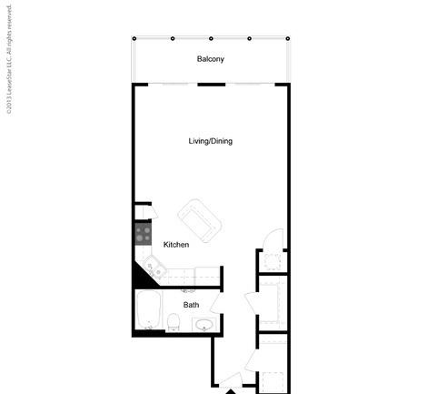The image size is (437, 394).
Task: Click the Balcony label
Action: [x=211, y=59]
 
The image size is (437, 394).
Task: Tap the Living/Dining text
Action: [x=211, y=141]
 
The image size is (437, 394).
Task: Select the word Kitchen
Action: [x=176, y=245]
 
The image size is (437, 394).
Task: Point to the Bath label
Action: [x=191, y=305]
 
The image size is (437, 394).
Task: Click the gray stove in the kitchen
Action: [x=143, y=234]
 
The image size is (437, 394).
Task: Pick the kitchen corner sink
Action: [x=154, y=267]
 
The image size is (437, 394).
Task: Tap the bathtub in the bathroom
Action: [x=148, y=309]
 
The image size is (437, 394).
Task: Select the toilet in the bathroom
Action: [x=174, y=322]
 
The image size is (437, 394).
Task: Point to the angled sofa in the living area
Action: [x=200, y=220]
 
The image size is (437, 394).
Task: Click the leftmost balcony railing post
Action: [x=134, y=38]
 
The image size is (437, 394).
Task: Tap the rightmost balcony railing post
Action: [x=288, y=38]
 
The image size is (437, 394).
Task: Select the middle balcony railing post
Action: [x=211, y=38]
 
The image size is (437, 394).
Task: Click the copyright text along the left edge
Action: [x=9, y=60]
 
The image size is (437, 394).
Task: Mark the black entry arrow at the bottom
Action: [x=231, y=391]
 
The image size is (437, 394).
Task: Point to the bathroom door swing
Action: [x=217, y=303]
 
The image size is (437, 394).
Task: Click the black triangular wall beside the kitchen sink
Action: [x=144, y=276]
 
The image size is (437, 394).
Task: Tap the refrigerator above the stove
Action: [x=143, y=212]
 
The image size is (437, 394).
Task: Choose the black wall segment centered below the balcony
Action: [x=212, y=85]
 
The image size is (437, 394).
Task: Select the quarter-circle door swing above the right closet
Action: [x=273, y=239]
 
